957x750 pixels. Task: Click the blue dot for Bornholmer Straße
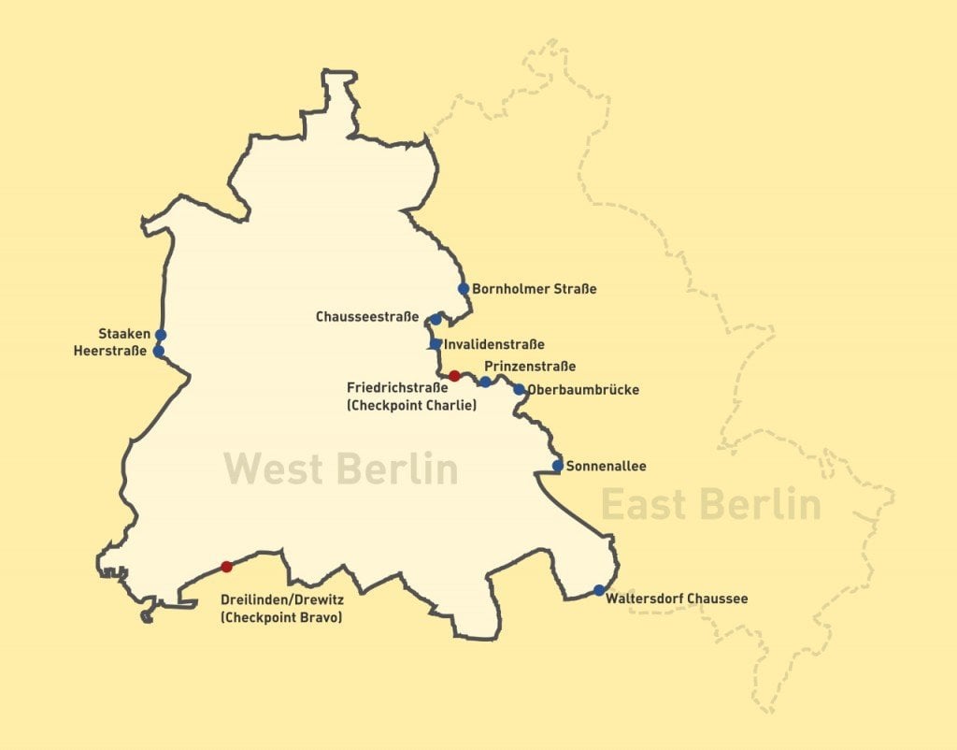[464, 289]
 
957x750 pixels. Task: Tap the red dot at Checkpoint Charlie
[454, 376]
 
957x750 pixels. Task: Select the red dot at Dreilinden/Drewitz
[226, 567]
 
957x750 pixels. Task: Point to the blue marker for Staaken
[161, 335]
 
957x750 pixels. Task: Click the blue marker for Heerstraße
[159, 352]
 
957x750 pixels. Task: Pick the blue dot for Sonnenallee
[558, 466]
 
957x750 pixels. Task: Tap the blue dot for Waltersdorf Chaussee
[599, 590]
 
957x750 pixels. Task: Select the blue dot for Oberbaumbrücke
[520, 389]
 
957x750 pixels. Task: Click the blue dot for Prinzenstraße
[485, 382]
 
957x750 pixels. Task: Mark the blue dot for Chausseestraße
[436, 319]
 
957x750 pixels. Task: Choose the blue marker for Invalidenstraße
[436, 344]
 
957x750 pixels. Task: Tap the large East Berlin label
[710, 504]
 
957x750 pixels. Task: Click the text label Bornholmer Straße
[534, 289]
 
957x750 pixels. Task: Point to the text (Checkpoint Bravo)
[280, 616]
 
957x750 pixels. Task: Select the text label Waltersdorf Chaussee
[677, 599]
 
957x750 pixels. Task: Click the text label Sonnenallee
[607, 466]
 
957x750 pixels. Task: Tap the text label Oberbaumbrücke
[583, 390]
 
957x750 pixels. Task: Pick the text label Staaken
[118, 334]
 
